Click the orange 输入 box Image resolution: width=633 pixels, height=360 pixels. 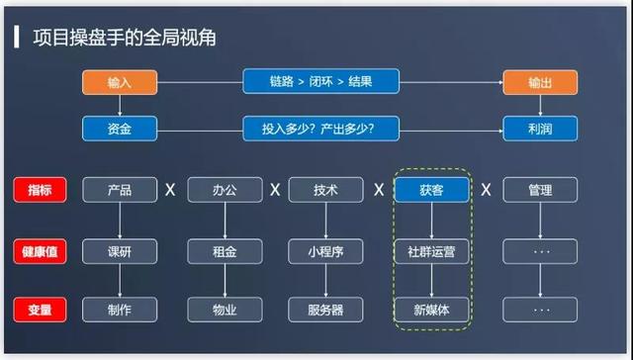coord(119,82)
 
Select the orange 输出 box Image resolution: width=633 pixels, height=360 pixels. coord(540,82)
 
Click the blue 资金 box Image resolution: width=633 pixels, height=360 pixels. coord(119,128)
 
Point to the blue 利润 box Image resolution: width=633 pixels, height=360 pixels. coord(540,128)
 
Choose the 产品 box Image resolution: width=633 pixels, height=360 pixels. coord(119,190)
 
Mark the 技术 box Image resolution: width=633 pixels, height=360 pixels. coord(326,190)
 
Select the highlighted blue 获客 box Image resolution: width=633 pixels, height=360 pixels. coord(431,190)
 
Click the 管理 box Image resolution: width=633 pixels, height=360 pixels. coord(540,190)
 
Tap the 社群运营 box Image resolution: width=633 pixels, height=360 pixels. coord(431,251)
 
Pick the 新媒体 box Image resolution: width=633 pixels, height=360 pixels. coord(431,310)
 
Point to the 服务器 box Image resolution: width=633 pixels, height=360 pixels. coord(326,310)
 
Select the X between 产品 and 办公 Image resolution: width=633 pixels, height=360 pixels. coord(170,190)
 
